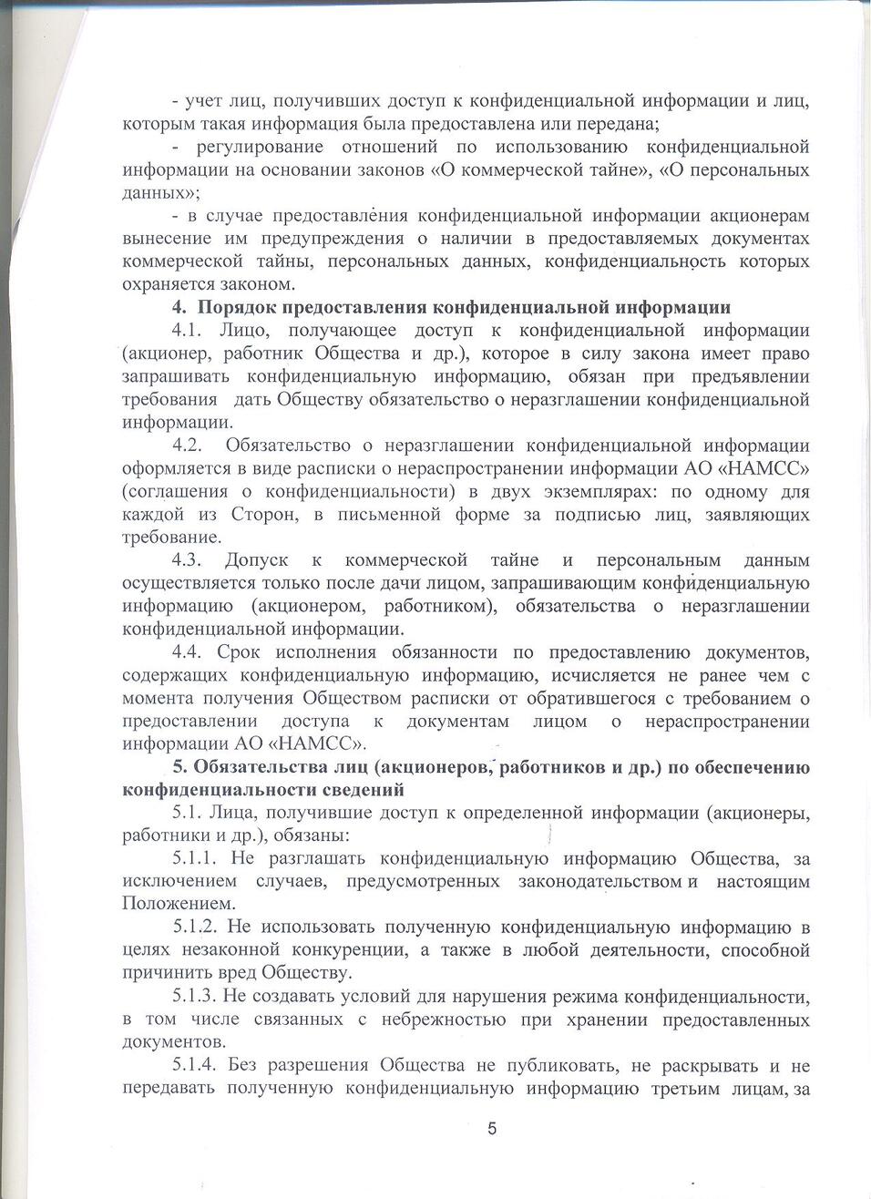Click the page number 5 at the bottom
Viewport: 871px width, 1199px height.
[x=492, y=1130]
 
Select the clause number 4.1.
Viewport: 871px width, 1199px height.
[x=189, y=331]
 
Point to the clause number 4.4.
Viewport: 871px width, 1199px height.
[x=189, y=652]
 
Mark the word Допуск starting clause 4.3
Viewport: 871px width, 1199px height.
[x=256, y=560]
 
